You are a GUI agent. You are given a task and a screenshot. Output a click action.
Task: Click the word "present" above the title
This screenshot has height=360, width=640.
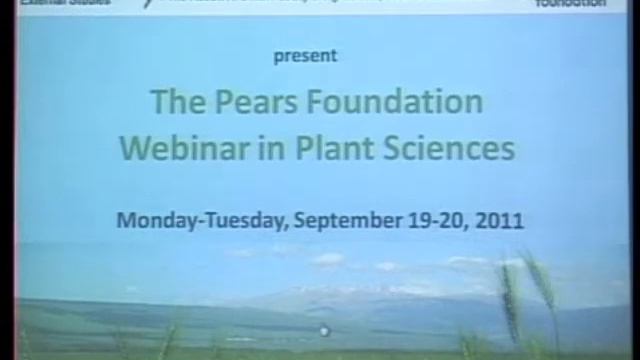point(305,56)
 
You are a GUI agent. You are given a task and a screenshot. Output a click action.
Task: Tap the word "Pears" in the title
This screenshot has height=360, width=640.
point(245,102)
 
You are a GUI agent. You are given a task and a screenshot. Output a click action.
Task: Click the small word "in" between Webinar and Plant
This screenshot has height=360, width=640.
point(263,148)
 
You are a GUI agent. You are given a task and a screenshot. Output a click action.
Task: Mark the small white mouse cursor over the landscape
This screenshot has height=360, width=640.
point(323,330)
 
